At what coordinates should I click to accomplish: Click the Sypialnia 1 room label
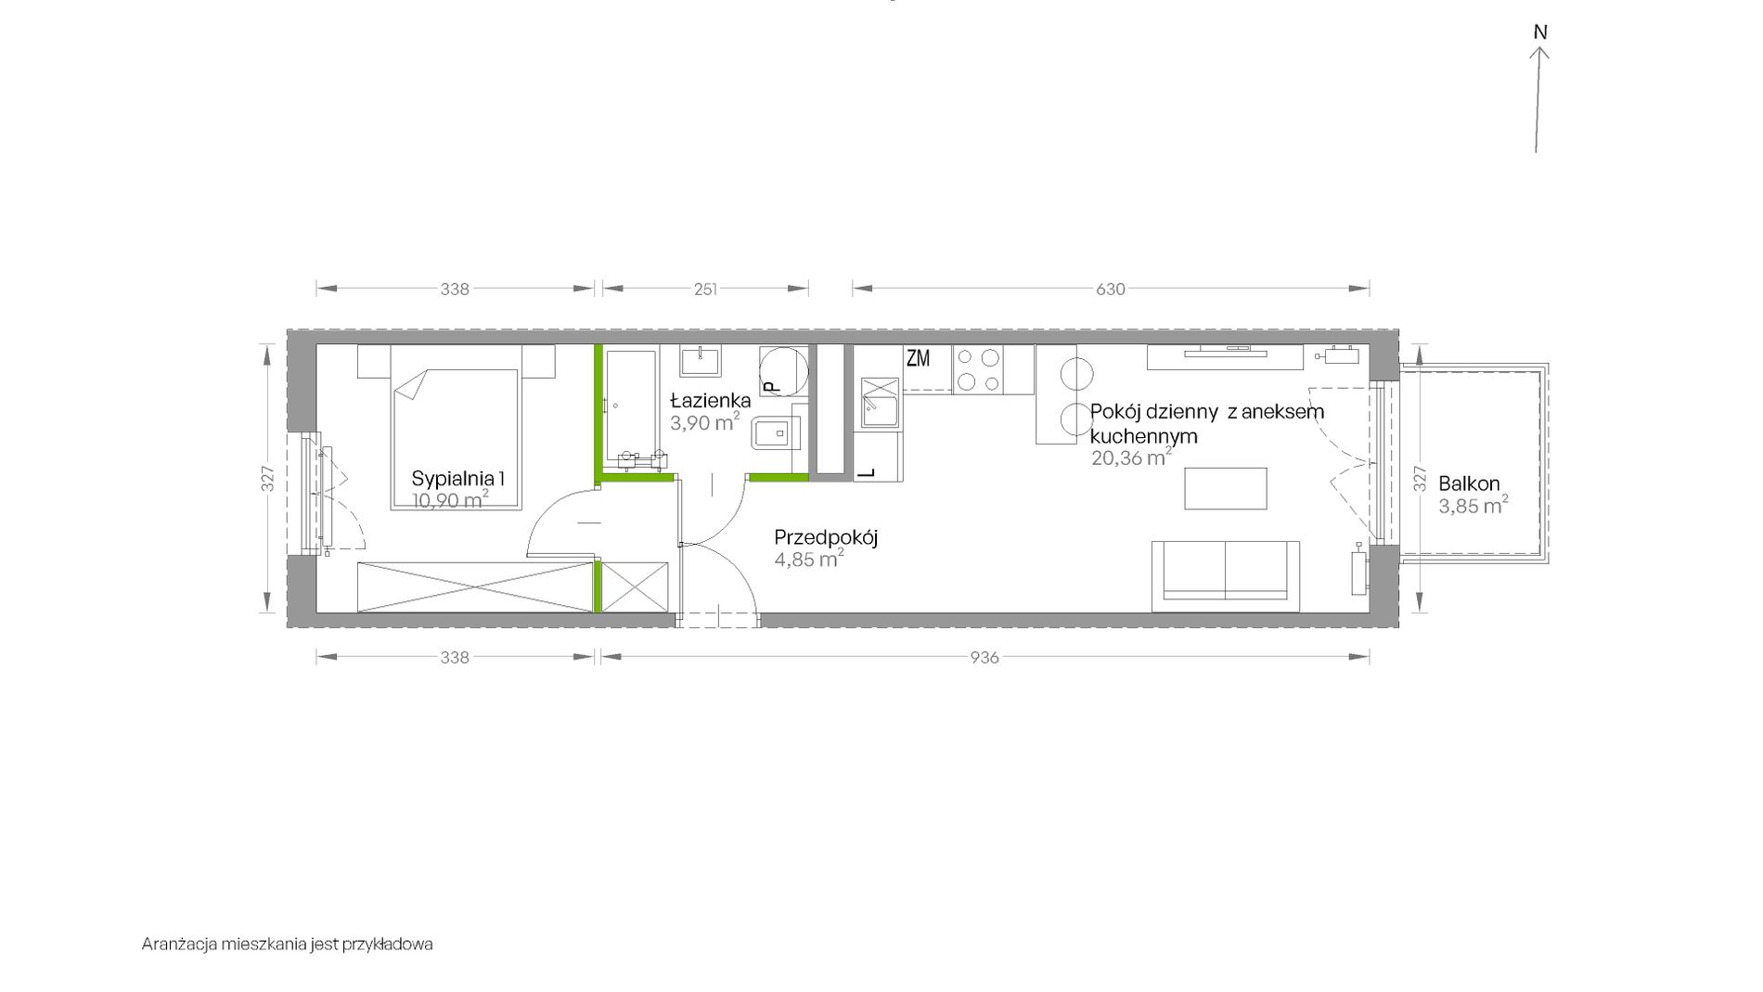[x=458, y=479]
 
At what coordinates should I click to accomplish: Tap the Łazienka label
[x=711, y=400]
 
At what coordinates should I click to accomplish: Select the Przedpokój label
[x=826, y=537]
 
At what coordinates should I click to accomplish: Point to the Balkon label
[x=1469, y=483]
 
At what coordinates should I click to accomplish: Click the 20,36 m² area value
[x=1131, y=457]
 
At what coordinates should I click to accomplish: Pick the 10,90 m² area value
[x=451, y=500]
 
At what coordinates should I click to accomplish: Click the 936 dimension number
[x=984, y=657]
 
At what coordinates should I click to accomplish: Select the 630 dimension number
[x=1111, y=289]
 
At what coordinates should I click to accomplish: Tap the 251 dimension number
[x=705, y=289]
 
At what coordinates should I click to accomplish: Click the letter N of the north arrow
[x=1540, y=32]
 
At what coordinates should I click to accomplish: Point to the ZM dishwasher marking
[x=918, y=358]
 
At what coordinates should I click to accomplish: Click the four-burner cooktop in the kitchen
[x=979, y=369]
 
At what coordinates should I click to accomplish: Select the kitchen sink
[x=880, y=404]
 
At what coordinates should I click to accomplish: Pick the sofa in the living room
[x=1225, y=575]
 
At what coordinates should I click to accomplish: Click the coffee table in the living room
[x=1226, y=488]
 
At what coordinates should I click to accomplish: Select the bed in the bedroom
[x=455, y=427]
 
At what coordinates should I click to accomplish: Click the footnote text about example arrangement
[x=288, y=945]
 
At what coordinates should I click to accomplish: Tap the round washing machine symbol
[x=781, y=368]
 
